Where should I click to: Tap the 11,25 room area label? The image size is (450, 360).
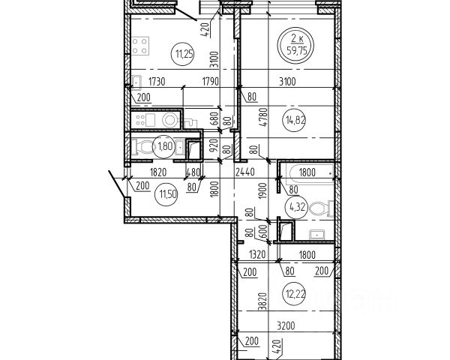[x=183, y=52]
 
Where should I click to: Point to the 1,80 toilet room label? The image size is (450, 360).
[x=164, y=147]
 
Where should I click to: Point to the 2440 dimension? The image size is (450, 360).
[x=246, y=172]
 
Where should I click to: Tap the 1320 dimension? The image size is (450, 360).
[x=259, y=254]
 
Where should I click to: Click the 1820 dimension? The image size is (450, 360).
[x=157, y=172]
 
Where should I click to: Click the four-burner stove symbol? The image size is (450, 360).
[x=139, y=46]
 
